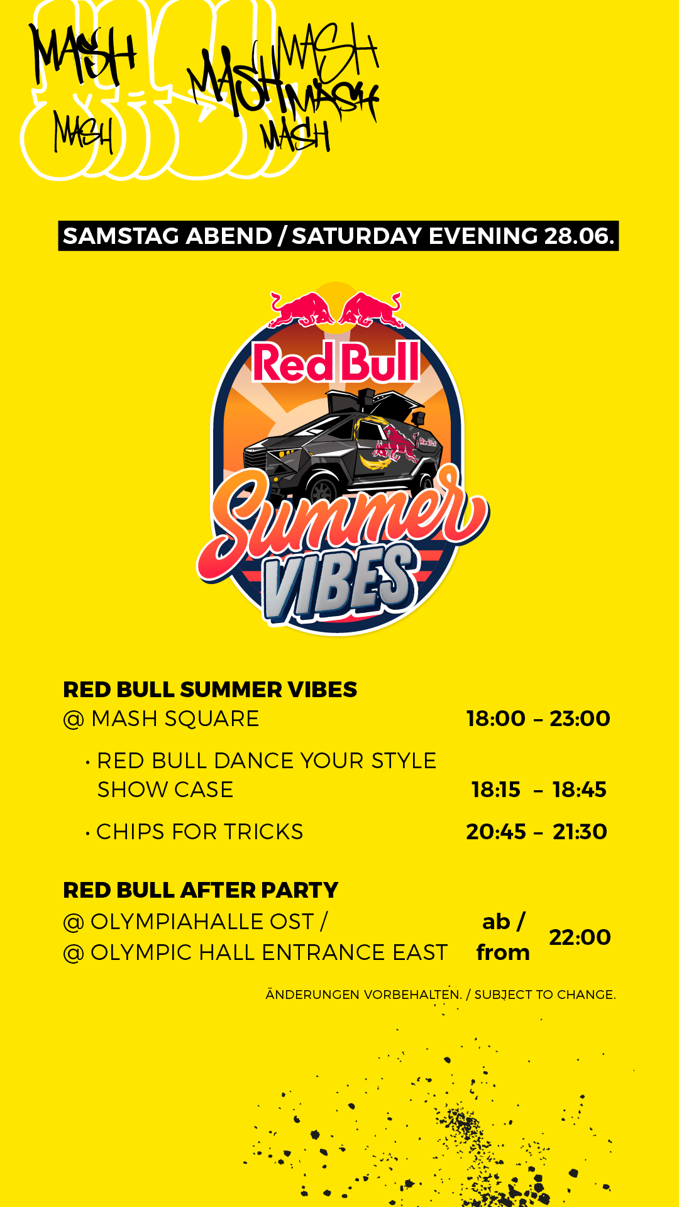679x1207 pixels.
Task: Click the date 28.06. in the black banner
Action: pyautogui.click(x=578, y=236)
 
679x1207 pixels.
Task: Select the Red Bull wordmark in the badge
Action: pyautogui.click(x=336, y=361)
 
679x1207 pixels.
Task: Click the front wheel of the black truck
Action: pyautogui.click(x=323, y=490)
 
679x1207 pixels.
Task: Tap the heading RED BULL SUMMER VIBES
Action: pyautogui.click(x=210, y=690)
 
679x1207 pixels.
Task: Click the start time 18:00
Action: pyautogui.click(x=495, y=719)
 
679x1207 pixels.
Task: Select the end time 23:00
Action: pyautogui.click(x=580, y=719)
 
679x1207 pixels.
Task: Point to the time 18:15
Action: pyautogui.click(x=496, y=790)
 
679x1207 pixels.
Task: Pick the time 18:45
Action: pyautogui.click(x=580, y=790)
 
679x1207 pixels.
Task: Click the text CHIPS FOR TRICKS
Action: pyautogui.click(x=199, y=832)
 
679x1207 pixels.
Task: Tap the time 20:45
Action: pyautogui.click(x=496, y=832)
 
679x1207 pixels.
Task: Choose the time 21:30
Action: pyautogui.click(x=580, y=832)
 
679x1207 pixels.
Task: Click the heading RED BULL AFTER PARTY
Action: pyautogui.click(x=201, y=890)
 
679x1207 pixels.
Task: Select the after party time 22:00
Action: pyautogui.click(x=580, y=937)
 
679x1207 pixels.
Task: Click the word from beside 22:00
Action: pyautogui.click(x=503, y=952)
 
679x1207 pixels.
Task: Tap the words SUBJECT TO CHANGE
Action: pyautogui.click(x=545, y=995)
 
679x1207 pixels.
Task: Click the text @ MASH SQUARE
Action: pyautogui.click(x=161, y=719)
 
